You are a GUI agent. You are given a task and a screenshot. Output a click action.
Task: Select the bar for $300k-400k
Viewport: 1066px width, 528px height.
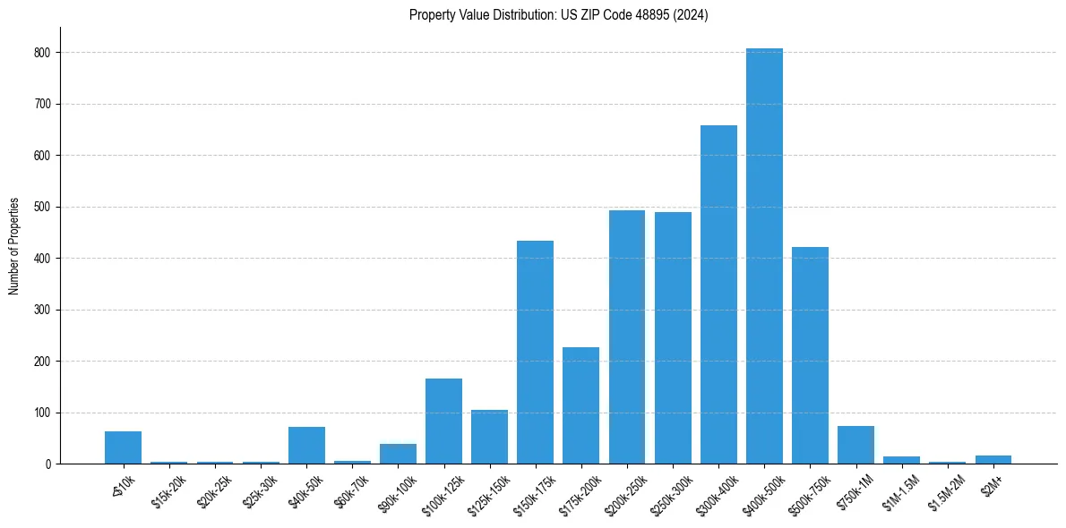[718, 294]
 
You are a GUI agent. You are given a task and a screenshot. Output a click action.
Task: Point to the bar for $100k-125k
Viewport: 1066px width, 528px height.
[443, 421]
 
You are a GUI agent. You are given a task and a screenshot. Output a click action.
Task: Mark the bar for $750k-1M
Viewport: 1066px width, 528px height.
[855, 445]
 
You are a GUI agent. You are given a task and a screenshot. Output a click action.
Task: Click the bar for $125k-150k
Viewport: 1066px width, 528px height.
[489, 437]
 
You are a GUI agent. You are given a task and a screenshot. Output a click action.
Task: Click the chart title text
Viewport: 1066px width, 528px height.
[558, 15]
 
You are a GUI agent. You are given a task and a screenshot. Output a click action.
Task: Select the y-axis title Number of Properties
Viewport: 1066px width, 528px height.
[14, 245]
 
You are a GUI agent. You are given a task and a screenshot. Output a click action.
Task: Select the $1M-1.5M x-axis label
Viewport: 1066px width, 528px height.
[900, 490]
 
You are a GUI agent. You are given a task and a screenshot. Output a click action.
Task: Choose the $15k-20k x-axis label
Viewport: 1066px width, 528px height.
[168, 490]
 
